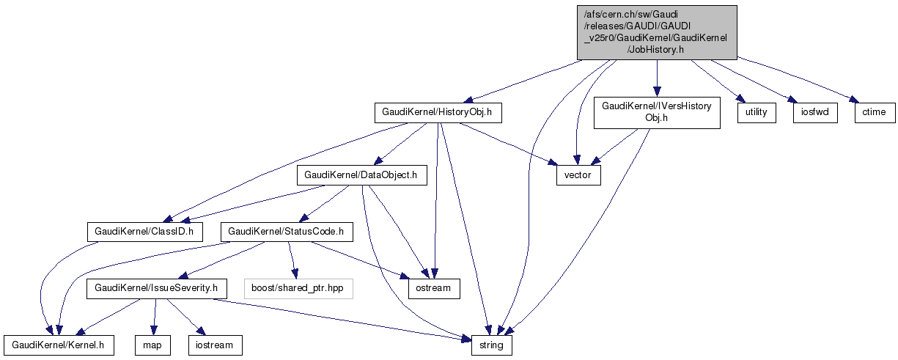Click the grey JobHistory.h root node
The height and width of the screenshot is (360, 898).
coord(656,32)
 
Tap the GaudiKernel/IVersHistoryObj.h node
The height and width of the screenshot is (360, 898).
coord(656,112)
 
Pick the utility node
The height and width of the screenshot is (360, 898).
coord(756,112)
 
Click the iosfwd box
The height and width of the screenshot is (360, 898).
coord(814,112)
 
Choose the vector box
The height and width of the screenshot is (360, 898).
coord(578,176)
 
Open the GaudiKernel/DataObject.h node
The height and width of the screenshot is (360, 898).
coord(361,175)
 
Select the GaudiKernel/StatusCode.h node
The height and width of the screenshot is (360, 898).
coord(287,232)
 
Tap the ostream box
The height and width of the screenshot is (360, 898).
coord(435,288)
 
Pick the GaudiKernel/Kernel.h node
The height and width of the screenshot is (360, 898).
coord(59,345)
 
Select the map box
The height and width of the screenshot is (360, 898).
coord(152,345)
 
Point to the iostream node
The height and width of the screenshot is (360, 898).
coord(215,345)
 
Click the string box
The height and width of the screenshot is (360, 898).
coord(491,345)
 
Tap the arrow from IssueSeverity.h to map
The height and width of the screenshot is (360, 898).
coord(154,315)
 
